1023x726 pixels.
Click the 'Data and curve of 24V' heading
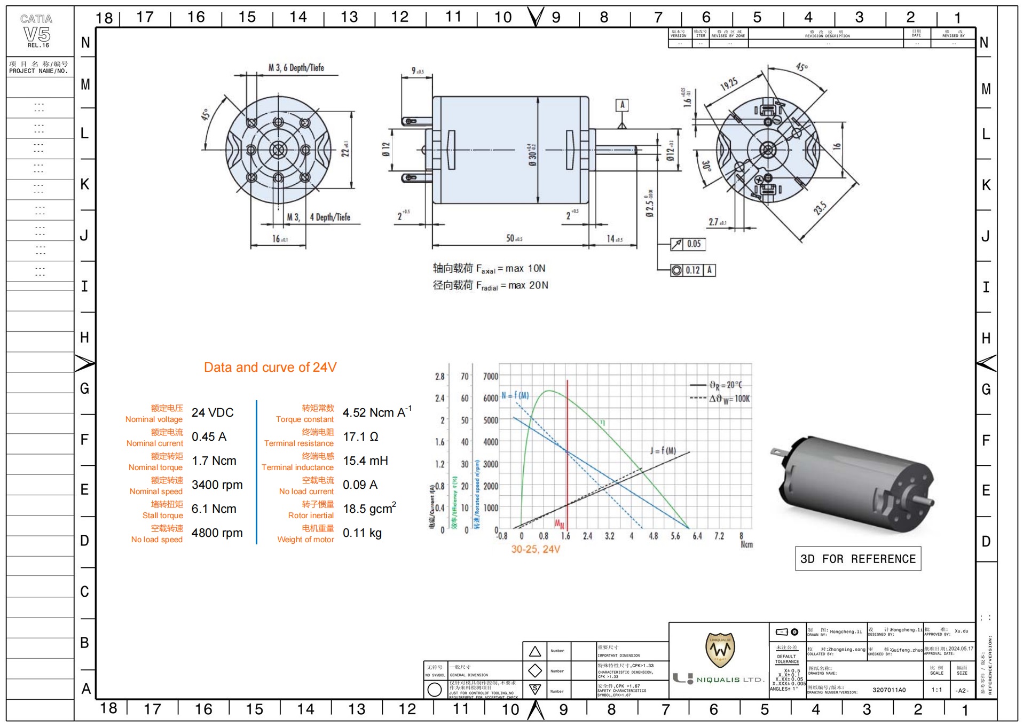click(x=270, y=368)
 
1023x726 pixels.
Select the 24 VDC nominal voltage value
click(x=213, y=413)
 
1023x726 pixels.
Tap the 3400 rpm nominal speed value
click(x=217, y=485)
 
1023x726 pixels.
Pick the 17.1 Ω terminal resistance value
click(x=360, y=437)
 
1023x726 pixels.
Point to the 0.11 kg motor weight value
click(x=362, y=533)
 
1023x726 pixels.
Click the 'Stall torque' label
click(x=162, y=516)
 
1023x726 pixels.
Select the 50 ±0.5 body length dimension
click(x=514, y=238)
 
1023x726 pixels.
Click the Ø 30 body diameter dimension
click(x=532, y=154)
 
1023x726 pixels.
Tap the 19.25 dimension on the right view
click(x=729, y=84)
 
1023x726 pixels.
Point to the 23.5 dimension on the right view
click(x=820, y=208)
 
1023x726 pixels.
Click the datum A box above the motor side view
click(x=622, y=105)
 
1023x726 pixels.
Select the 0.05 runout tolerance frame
click(x=688, y=244)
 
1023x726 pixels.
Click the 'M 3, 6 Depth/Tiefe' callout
click(x=296, y=68)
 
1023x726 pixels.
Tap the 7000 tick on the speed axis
click(x=490, y=376)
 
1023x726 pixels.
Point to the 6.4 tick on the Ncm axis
click(x=697, y=536)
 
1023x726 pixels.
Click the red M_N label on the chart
click(x=559, y=524)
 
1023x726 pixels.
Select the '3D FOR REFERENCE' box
click(x=857, y=559)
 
